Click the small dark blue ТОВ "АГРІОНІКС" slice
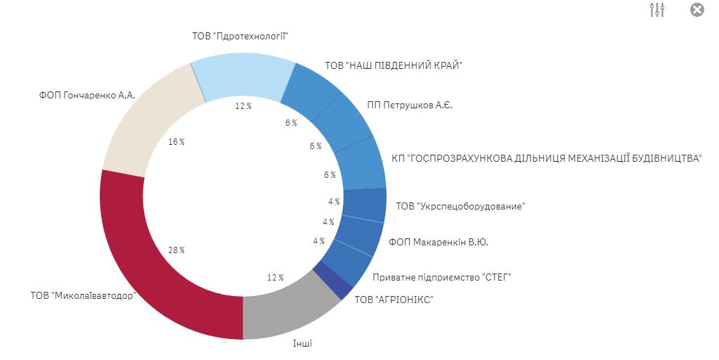pyautogui.click(x=332, y=281)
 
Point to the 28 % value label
pyautogui.click(x=177, y=250)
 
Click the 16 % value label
pyautogui.click(x=176, y=142)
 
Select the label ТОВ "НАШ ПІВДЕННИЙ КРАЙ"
pyautogui.click(x=393, y=65)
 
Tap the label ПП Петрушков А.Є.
pyautogui.click(x=410, y=105)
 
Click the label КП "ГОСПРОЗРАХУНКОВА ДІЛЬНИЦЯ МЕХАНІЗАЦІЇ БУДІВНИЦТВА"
pyautogui.click(x=546, y=158)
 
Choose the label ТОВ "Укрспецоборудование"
pyautogui.click(x=460, y=206)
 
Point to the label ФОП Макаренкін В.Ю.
pyautogui.click(x=438, y=243)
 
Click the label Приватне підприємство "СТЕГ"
pyautogui.click(x=441, y=277)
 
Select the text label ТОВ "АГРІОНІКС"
pyautogui.click(x=394, y=300)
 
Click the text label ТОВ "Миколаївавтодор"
pyautogui.click(x=82, y=295)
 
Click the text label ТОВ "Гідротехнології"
pyautogui.click(x=240, y=36)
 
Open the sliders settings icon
pyautogui.click(x=658, y=10)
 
